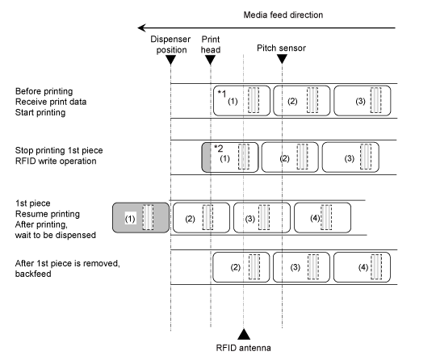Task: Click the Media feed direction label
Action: click(283, 15)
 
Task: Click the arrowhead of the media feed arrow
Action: click(142, 27)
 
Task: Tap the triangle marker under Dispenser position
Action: click(170, 60)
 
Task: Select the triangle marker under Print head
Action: click(210, 60)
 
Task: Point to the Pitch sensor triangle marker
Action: click(282, 59)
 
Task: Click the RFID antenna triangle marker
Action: click(244, 334)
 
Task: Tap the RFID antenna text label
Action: click(243, 348)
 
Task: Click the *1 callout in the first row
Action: click(222, 94)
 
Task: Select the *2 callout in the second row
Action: click(219, 149)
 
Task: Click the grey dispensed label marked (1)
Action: click(140, 218)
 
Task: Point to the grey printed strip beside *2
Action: click(207, 157)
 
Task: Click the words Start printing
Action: click(40, 112)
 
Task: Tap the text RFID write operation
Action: click(56, 161)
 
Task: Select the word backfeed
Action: click(33, 274)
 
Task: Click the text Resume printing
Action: click(48, 214)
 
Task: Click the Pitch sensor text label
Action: click(281, 48)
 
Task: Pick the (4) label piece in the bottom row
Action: click(362, 267)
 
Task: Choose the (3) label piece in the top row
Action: click(363, 101)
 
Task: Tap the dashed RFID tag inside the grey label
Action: click(148, 217)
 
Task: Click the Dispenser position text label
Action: click(170, 44)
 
